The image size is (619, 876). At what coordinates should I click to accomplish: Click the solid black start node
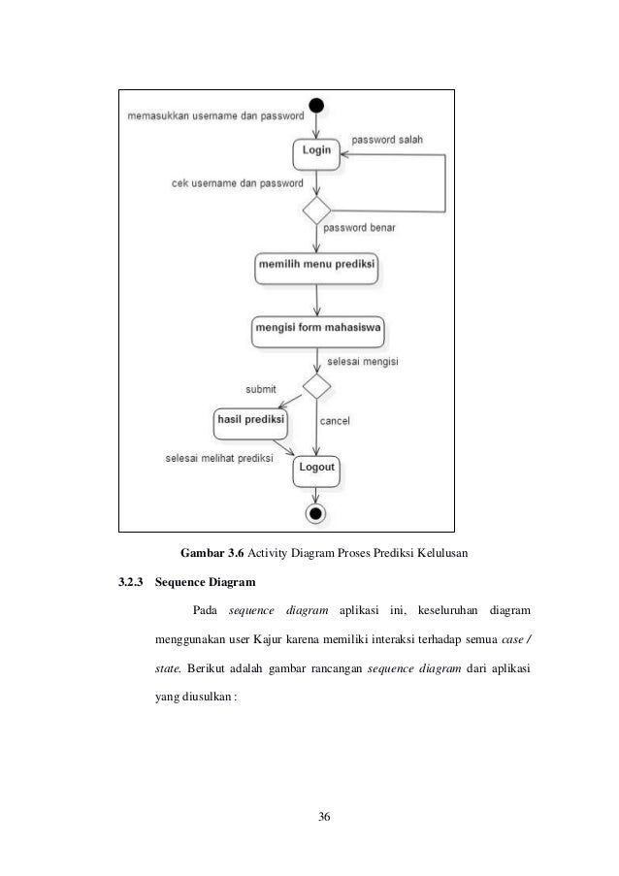pyautogui.click(x=316, y=105)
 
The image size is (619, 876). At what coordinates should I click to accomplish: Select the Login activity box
pyautogui.click(x=316, y=151)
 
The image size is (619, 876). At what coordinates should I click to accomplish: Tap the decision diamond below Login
pyautogui.click(x=316, y=210)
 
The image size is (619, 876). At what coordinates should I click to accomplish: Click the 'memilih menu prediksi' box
pyautogui.click(x=316, y=265)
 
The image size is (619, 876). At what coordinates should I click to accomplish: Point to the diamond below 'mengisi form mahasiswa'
pyautogui.click(x=316, y=384)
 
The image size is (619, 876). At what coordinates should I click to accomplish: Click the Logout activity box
pyautogui.click(x=316, y=469)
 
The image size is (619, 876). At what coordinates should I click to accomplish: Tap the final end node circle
pyautogui.click(x=316, y=511)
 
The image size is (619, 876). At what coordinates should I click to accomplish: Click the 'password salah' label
pyautogui.click(x=387, y=140)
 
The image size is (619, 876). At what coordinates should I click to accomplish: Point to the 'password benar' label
pyautogui.click(x=359, y=227)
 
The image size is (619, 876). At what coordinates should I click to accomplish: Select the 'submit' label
pyautogui.click(x=259, y=389)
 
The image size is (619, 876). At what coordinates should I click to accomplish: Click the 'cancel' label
pyautogui.click(x=335, y=420)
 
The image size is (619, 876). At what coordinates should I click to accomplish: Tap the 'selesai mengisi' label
pyautogui.click(x=364, y=360)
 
